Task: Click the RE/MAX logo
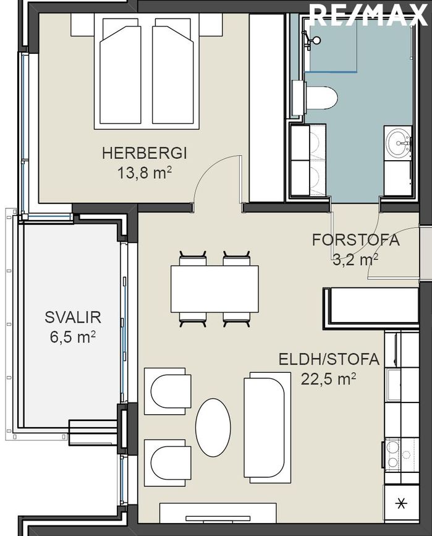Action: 369,15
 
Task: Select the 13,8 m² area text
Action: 144,172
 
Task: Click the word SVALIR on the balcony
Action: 72,318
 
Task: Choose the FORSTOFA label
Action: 355,240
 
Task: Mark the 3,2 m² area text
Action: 355,260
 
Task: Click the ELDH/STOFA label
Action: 328,359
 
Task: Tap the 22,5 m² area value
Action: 328,379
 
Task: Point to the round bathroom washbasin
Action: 397,143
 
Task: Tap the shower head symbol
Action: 315,40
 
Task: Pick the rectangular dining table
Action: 214,289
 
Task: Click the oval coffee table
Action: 213,427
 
